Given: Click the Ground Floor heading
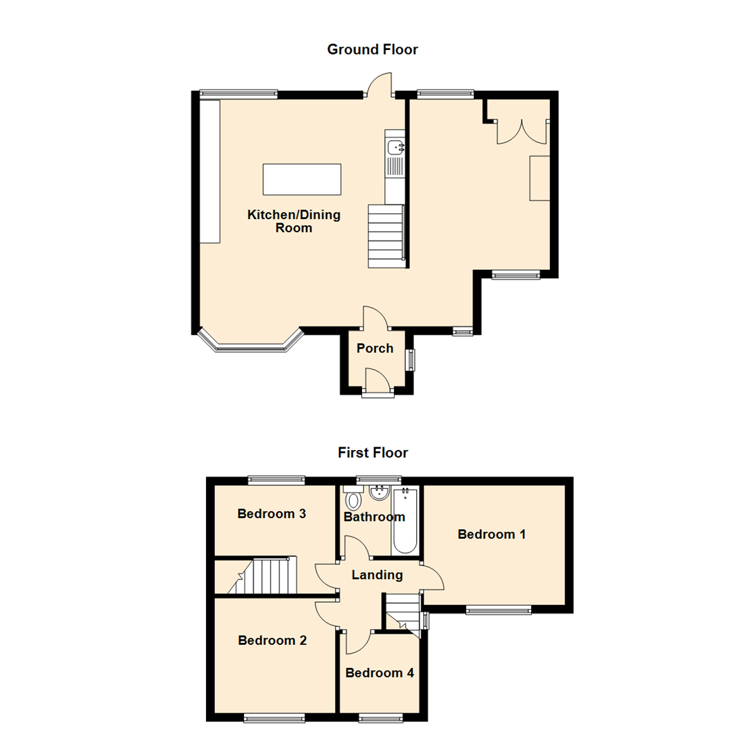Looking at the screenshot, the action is tap(372, 49).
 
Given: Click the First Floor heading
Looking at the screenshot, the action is tap(372, 452).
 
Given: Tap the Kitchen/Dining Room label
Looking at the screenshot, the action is tap(294, 221).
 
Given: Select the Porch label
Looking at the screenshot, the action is tap(375, 348).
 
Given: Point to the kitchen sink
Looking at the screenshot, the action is tap(395, 147).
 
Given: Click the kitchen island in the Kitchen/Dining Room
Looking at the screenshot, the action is tap(302, 179).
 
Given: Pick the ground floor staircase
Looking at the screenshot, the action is tap(386, 236).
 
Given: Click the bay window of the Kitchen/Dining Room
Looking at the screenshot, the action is tap(251, 342).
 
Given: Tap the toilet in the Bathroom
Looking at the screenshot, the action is tap(354, 498).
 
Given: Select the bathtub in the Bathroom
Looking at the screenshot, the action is tap(405, 521).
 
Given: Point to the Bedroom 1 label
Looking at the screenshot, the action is tap(492, 534).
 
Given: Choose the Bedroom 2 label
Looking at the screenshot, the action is tap(273, 640).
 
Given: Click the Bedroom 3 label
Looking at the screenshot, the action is tap(271, 513).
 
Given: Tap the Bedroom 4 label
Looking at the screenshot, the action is tap(380, 673).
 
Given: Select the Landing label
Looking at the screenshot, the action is tap(377, 575).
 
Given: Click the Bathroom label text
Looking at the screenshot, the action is tap(374, 517).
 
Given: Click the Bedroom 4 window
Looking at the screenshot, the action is tap(381, 717).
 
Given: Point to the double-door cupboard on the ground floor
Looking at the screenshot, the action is tap(522, 131).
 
